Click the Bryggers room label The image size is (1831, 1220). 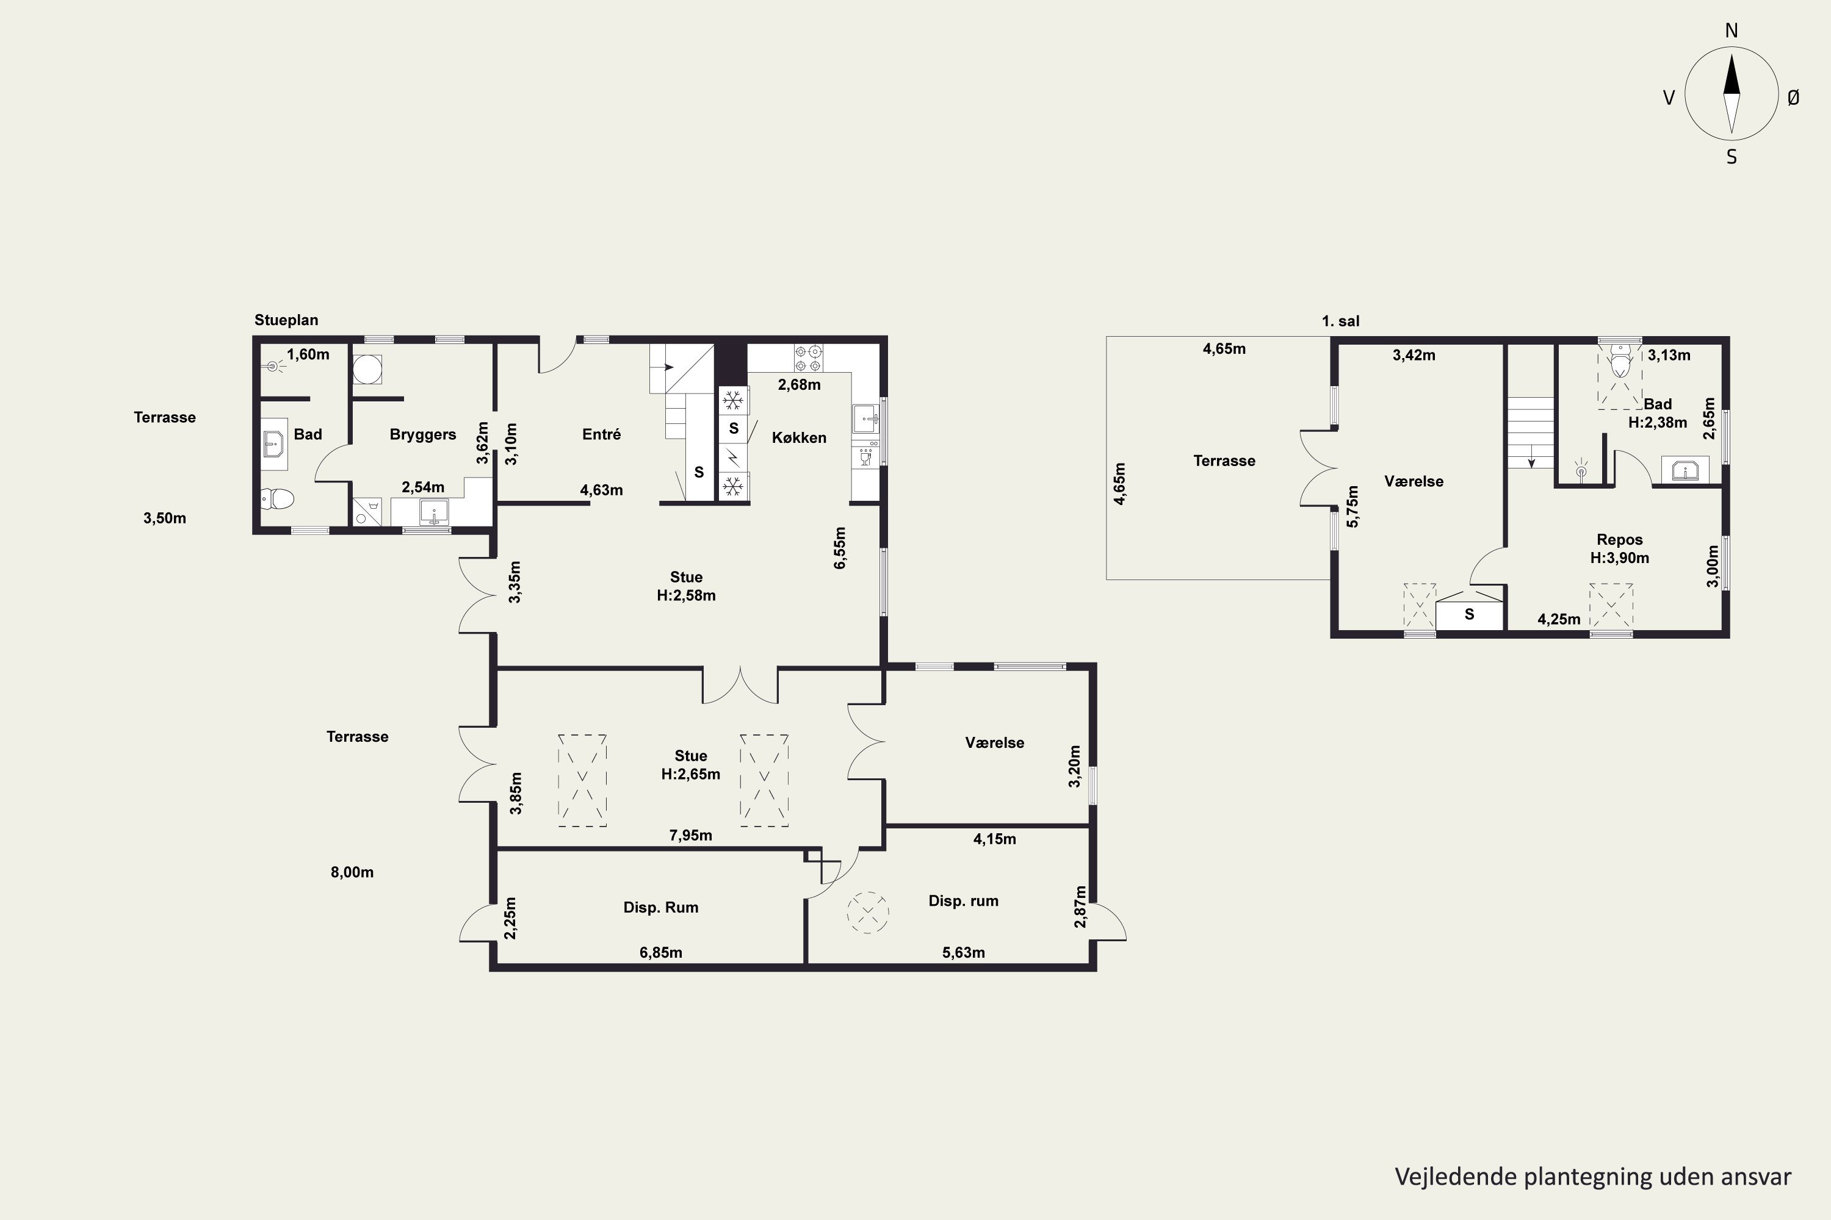tap(423, 435)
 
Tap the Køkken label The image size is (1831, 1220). tap(799, 438)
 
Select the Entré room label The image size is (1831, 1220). tap(601, 434)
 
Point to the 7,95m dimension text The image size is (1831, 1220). tap(690, 836)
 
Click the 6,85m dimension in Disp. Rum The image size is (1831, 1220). tap(661, 952)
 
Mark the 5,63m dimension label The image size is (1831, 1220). tap(963, 952)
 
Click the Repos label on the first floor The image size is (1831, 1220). tap(1619, 539)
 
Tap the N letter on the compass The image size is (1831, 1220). tap(1732, 30)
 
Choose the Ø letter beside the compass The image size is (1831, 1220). tap(1793, 97)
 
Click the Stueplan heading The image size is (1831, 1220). tap(286, 320)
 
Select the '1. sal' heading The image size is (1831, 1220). tap(1340, 321)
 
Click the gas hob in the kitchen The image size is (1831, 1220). tap(808, 358)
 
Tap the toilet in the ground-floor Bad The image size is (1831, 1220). tap(277, 498)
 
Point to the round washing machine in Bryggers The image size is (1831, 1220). tap(367, 370)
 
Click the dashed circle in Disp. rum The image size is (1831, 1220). tap(868, 912)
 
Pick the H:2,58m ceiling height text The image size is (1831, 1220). tap(686, 595)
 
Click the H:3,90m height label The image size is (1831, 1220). tap(1619, 558)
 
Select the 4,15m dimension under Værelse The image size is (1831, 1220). tap(994, 839)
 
